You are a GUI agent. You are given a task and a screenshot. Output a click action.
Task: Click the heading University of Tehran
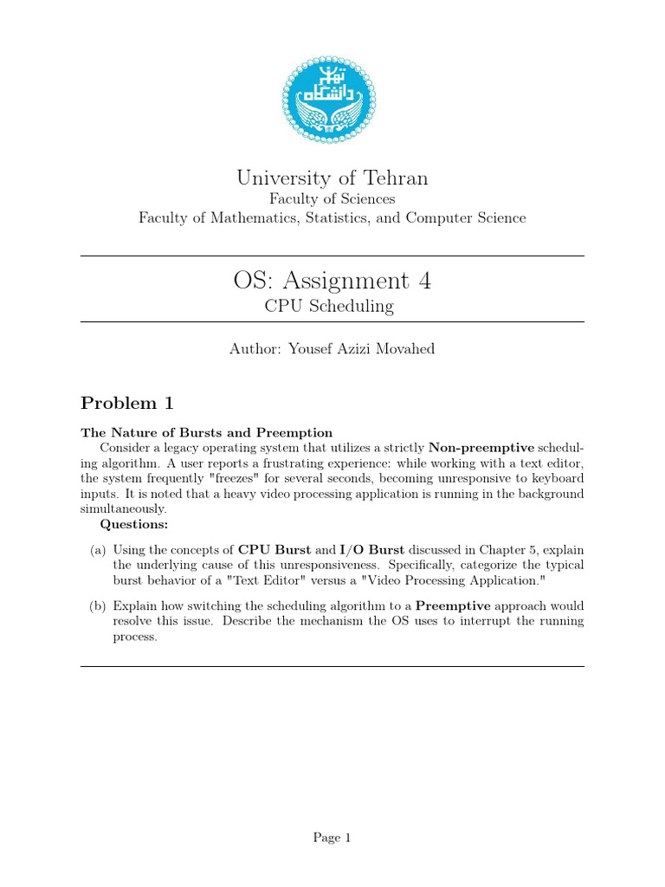click(332, 178)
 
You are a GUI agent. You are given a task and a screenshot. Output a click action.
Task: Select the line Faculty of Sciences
click(332, 199)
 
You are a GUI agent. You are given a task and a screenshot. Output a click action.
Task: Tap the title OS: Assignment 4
click(332, 281)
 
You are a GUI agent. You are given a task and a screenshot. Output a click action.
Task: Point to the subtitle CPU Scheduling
click(332, 306)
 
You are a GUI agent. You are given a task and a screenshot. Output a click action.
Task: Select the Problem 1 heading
click(127, 403)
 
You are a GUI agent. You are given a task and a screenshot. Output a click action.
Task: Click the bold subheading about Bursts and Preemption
click(207, 432)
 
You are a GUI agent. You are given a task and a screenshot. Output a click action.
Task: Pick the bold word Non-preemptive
click(481, 448)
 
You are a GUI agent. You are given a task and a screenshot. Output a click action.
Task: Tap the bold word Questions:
click(134, 524)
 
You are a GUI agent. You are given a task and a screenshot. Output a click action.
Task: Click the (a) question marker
click(98, 549)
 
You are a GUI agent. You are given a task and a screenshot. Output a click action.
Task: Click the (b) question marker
click(98, 605)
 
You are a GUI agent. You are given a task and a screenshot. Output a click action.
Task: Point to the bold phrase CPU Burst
click(274, 549)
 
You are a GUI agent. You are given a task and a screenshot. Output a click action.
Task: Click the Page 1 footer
click(332, 837)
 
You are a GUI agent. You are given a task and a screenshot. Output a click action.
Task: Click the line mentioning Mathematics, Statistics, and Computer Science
click(332, 218)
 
